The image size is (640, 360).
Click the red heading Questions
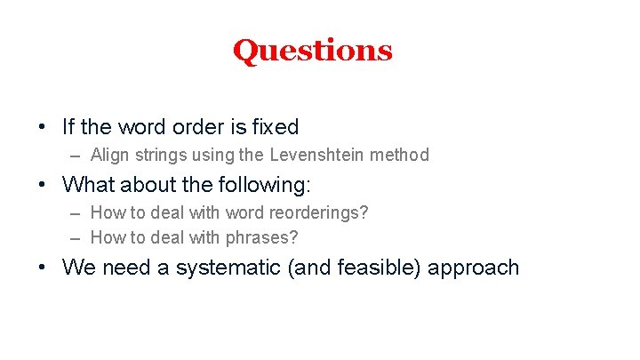(312, 51)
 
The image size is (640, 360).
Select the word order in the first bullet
(187, 127)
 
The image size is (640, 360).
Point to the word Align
(109, 156)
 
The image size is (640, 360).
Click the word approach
(473, 268)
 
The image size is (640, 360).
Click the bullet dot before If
(43, 127)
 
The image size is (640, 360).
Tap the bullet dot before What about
(43, 185)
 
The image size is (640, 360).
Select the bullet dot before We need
(43, 268)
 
